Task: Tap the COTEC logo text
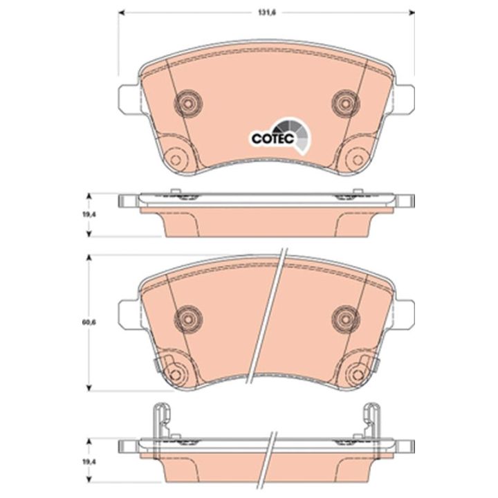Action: pyautogui.click(x=273, y=138)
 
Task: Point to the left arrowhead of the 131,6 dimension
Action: pyautogui.click(x=121, y=12)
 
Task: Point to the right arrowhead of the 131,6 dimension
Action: pyautogui.click(x=412, y=12)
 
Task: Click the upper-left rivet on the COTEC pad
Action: pyautogui.click(x=188, y=103)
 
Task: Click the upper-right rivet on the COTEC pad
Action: pyautogui.click(x=346, y=103)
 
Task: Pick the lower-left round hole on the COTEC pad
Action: pyautogui.click(x=175, y=159)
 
